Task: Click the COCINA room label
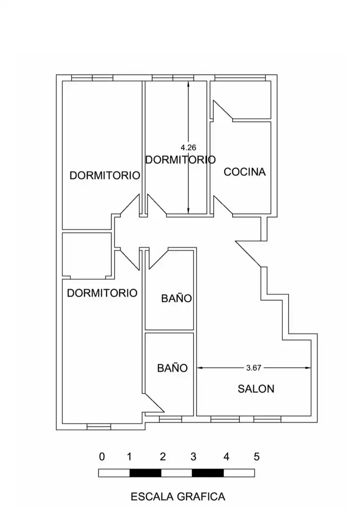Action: (x=245, y=172)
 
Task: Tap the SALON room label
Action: (x=256, y=389)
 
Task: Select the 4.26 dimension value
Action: (x=189, y=147)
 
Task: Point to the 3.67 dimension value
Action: (x=254, y=368)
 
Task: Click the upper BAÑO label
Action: (x=177, y=298)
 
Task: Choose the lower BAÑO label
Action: (x=173, y=368)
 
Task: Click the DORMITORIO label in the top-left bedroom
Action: (x=105, y=175)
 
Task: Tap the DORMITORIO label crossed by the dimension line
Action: (x=180, y=160)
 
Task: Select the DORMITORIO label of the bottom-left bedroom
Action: (x=102, y=293)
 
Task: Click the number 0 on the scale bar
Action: (x=102, y=456)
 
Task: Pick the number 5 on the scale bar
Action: (x=257, y=456)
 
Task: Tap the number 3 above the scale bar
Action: (x=194, y=456)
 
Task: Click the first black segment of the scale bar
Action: (x=145, y=473)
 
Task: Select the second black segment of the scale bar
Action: (x=208, y=473)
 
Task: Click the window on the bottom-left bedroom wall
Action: (x=99, y=426)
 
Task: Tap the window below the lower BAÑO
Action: (x=170, y=419)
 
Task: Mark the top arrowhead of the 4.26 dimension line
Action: (x=189, y=84)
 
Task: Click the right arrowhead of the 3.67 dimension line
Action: (x=308, y=368)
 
